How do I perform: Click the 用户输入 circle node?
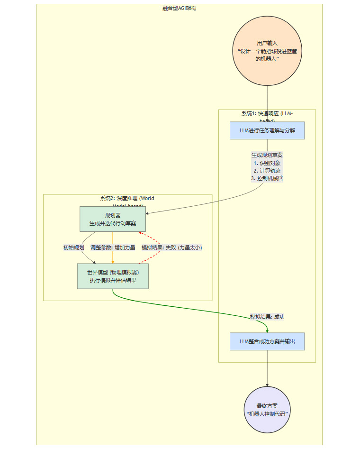(267, 51)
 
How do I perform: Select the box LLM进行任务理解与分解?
(267, 130)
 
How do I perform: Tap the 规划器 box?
(113, 219)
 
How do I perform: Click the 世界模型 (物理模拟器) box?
(113, 276)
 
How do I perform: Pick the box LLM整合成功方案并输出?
(267, 341)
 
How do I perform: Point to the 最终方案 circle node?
(267, 410)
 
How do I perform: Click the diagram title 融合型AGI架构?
(179, 9)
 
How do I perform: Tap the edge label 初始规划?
(73, 247)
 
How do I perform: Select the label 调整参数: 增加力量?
(113, 247)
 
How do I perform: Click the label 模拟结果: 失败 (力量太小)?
(171, 247)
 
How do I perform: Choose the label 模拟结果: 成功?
(267, 317)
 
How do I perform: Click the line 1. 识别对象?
(267, 163)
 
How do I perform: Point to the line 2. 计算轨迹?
(267, 171)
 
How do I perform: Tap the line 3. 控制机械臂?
(267, 179)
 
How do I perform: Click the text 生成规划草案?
(267, 155)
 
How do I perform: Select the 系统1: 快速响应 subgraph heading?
(267, 114)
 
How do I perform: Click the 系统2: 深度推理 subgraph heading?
(127, 199)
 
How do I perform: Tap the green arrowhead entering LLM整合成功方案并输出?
(267, 331)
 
